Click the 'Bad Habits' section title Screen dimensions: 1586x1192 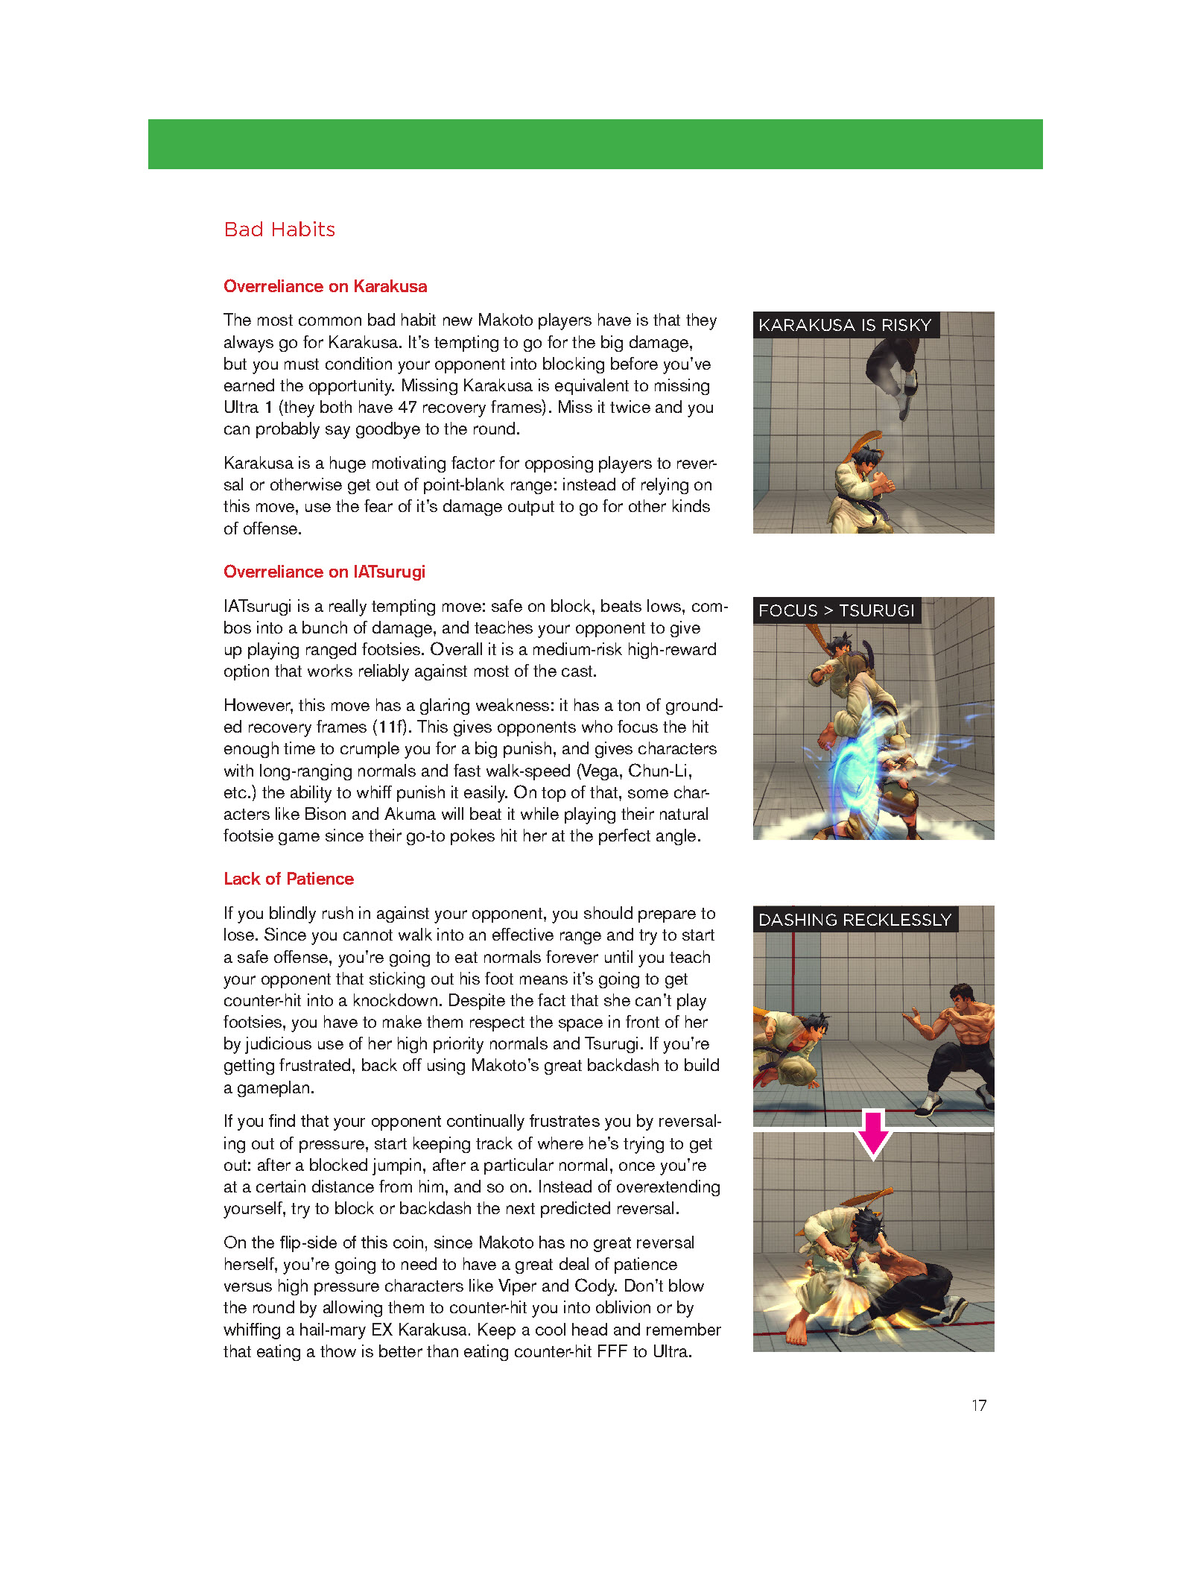(279, 230)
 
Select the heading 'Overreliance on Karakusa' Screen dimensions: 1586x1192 (325, 286)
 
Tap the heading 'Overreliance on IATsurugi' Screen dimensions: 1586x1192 (324, 572)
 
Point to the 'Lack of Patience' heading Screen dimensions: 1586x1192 (288, 879)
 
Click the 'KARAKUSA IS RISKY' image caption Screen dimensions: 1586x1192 (845, 325)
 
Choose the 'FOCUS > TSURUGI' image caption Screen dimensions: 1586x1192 (836, 610)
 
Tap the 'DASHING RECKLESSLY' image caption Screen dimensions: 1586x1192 (855, 920)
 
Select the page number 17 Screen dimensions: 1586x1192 (979, 1406)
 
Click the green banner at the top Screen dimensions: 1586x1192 (595, 144)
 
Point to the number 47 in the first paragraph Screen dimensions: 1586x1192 (408, 408)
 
